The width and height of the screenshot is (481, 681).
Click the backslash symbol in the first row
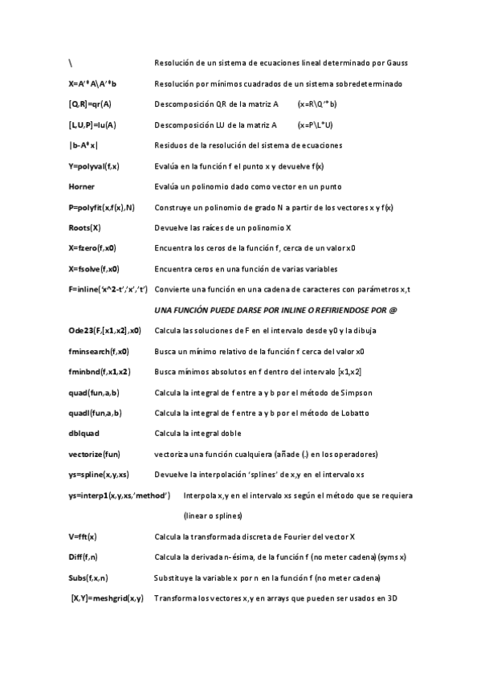pos(71,63)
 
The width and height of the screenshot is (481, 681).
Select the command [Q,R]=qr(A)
pos(90,104)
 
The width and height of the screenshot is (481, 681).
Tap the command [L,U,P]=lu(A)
pos(92,125)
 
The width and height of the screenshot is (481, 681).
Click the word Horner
pos(82,187)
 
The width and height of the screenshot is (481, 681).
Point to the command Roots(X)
pos(84,228)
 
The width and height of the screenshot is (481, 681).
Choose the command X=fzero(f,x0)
pos(92,249)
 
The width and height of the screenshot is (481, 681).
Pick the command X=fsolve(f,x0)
pos(94,269)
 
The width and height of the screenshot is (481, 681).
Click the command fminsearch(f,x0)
pos(99,351)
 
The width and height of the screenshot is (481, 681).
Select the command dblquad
pos(86,434)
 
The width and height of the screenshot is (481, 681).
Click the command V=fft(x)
pos(83,536)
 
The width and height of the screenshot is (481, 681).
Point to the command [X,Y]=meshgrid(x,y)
pos(108,598)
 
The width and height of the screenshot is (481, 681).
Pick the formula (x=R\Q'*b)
pos(316,104)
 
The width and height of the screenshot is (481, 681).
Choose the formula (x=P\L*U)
pos(315,125)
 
